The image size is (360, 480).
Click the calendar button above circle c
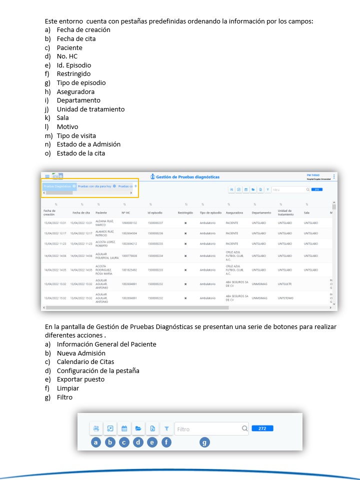(124, 428)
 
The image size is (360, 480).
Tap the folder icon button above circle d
(138, 428)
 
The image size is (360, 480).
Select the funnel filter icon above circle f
(166, 428)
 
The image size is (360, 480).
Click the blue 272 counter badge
(262, 428)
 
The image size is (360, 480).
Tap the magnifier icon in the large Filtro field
(244, 428)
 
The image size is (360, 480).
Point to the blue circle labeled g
(204, 442)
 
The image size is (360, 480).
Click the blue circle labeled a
(95, 442)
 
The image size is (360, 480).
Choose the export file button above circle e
(152, 428)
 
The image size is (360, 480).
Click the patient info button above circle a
(96, 428)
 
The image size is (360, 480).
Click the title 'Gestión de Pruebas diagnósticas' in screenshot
(187, 176)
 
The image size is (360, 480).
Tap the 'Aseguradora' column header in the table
(234, 212)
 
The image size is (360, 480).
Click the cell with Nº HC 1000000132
(129, 222)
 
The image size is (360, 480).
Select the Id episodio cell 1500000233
(155, 270)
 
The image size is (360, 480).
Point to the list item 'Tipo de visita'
(76, 135)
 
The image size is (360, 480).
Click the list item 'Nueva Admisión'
(81, 353)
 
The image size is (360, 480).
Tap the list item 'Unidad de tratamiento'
(90, 109)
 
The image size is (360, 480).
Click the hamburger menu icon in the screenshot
(47, 176)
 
